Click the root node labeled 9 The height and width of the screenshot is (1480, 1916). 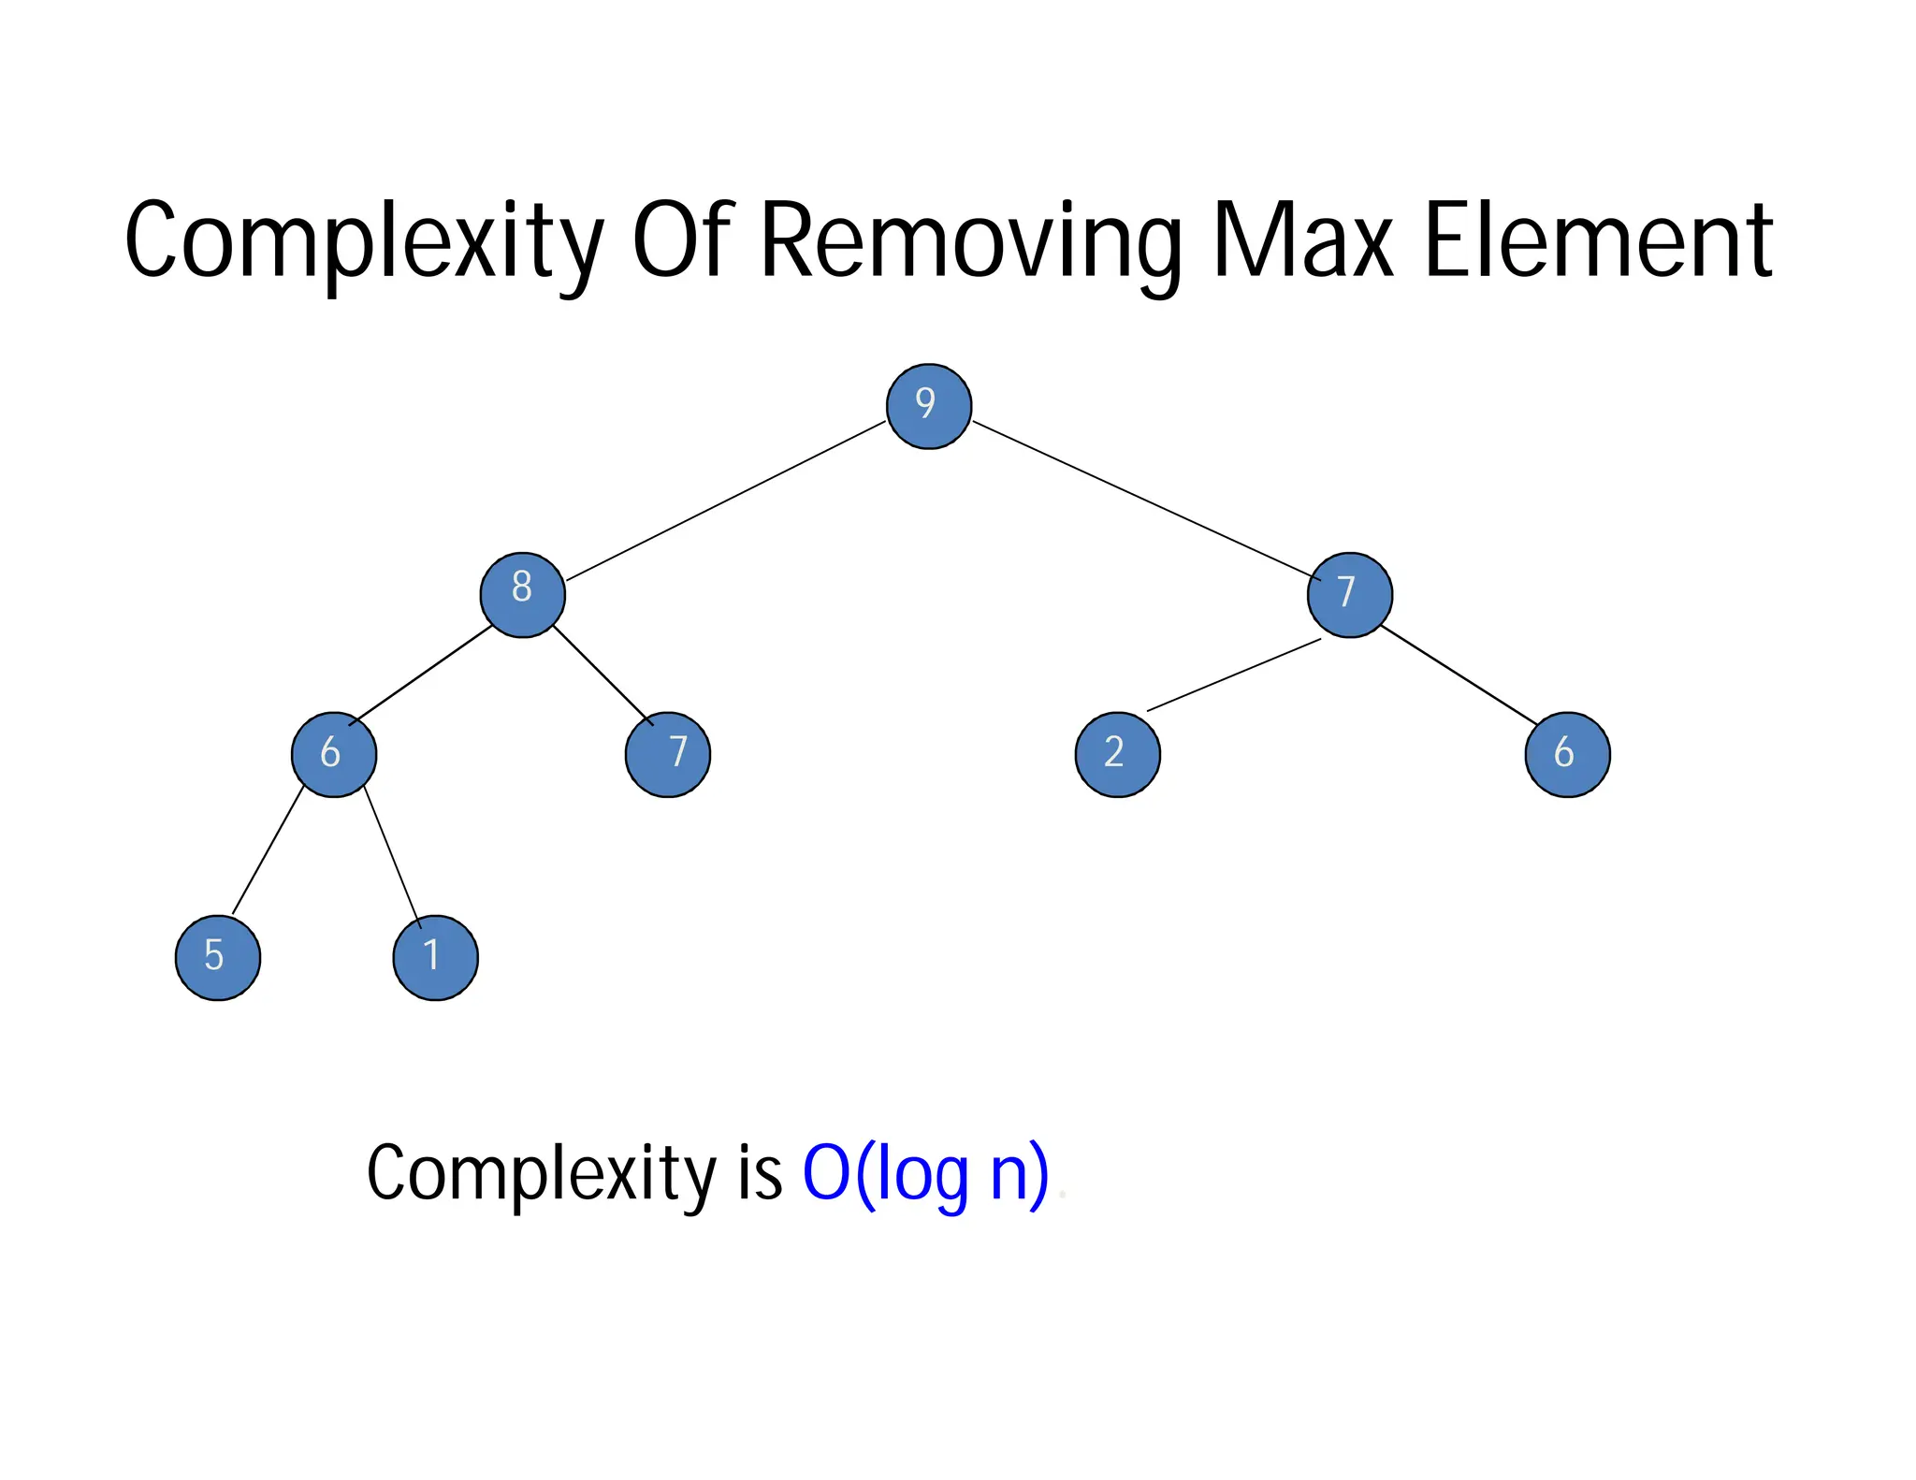(928, 406)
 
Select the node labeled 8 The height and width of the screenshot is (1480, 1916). (522, 595)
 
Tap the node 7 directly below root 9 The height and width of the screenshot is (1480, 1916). (1349, 595)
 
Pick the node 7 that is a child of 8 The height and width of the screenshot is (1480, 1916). (667, 754)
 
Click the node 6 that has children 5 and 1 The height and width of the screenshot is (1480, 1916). (334, 754)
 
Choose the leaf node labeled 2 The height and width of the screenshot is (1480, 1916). (1117, 754)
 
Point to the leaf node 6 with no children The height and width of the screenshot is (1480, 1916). (1567, 754)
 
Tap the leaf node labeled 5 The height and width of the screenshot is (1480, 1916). (218, 957)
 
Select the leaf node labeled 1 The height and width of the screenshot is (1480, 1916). (435, 957)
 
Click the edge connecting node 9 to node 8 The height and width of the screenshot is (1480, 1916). (725, 501)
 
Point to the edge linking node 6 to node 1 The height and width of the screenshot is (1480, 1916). (392, 857)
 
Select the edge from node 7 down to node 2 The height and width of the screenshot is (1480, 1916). (1233, 675)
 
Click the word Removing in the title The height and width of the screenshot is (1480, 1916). (970, 241)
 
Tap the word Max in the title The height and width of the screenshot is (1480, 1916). (1302, 241)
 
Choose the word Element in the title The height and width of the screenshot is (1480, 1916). (1597, 241)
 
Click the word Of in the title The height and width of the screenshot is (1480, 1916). (680, 241)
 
